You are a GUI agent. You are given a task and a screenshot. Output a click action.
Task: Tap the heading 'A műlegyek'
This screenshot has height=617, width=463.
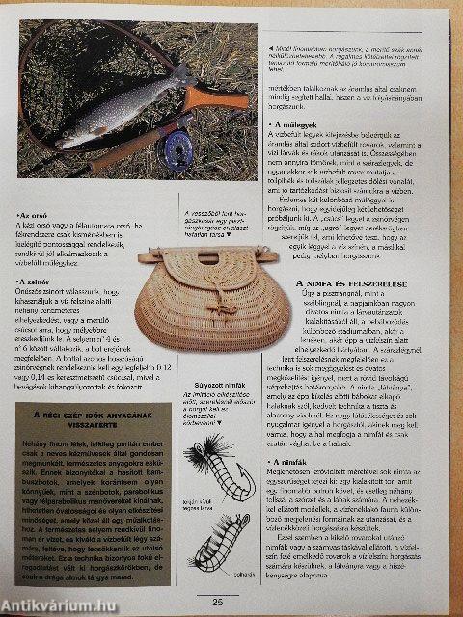pos(298,125)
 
